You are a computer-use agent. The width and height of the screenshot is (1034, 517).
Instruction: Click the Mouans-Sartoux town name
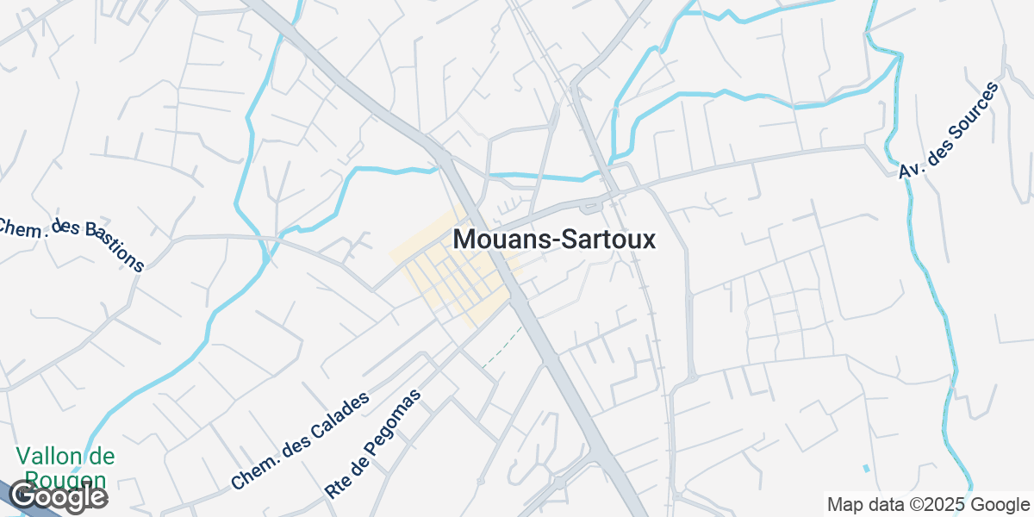coord(554,239)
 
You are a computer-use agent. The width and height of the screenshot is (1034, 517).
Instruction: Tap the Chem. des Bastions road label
coord(71,243)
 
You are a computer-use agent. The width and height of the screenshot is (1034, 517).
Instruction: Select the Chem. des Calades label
coord(300,440)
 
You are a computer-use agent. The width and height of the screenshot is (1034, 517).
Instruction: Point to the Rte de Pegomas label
coord(373,444)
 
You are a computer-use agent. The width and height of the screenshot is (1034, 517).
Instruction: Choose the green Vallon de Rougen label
coord(65,468)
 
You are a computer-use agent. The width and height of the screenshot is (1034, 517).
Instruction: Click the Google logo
coord(58,497)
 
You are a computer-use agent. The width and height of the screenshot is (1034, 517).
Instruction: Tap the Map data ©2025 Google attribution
coord(928,504)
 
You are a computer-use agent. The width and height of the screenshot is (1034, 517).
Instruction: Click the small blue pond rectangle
coord(865,468)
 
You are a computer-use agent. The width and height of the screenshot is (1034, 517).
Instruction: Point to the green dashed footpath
coord(501,349)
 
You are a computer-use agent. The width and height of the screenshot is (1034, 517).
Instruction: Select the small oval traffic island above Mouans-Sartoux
coord(590,206)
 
